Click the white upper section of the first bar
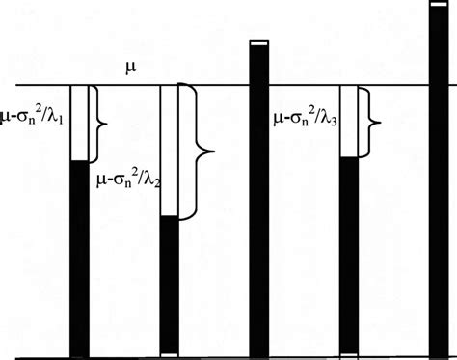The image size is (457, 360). pos(79,123)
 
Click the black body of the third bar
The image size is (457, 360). pos(257,203)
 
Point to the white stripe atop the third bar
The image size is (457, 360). pos(257,43)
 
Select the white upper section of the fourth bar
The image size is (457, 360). pos(349,121)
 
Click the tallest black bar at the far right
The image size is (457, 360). pos(440,183)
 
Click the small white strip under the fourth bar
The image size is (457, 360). pos(349,354)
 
